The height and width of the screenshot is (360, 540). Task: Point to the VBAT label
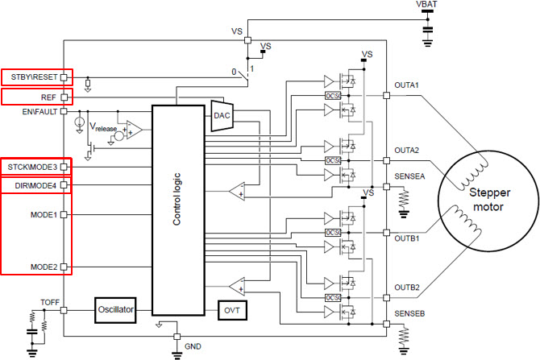(x=429, y=6)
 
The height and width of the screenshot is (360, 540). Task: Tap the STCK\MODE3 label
(x=31, y=167)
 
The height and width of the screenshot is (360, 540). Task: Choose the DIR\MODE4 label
(x=35, y=186)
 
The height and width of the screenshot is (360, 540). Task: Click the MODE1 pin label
(x=43, y=215)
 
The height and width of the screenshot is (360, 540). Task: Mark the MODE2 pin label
(x=43, y=267)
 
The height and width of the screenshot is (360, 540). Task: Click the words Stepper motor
(x=481, y=201)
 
